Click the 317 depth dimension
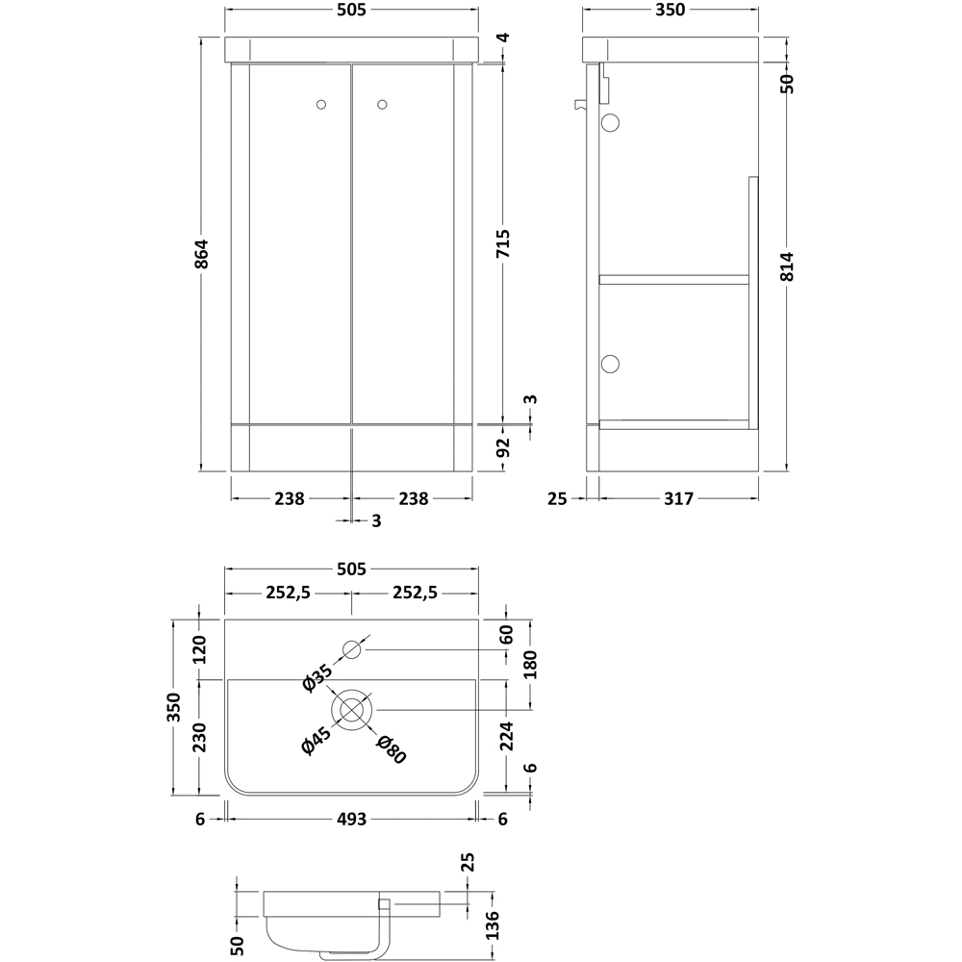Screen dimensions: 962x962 (x=677, y=498)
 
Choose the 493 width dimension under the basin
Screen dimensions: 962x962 (x=351, y=819)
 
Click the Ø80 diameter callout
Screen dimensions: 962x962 (x=392, y=749)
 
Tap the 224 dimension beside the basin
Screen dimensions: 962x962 (x=507, y=736)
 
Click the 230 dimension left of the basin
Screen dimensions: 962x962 (x=200, y=739)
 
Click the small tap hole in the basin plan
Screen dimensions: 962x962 (x=352, y=650)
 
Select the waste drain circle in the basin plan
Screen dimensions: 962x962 (x=352, y=709)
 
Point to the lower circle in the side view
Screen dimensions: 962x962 (x=610, y=363)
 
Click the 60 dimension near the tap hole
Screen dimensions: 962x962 (x=507, y=635)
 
